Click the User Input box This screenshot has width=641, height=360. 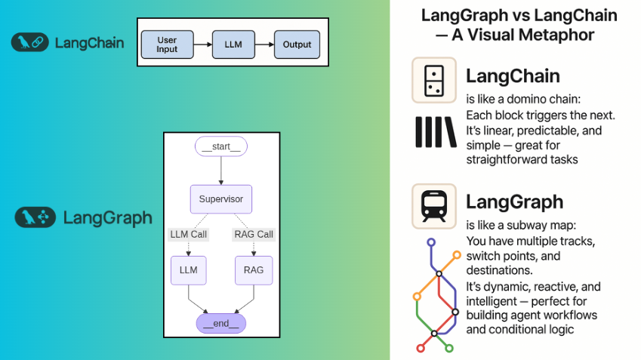tap(167, 45)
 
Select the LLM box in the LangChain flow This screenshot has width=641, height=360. tap(233, 45)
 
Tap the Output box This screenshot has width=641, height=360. tap(297, 45)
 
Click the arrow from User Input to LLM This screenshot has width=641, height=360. tap(202, 45)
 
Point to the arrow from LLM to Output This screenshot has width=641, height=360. tap(265, 45)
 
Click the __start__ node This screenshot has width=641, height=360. tap(220, 146)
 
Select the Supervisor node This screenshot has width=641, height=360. tap(220, 199)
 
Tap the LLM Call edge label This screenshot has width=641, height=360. tap(187, 235)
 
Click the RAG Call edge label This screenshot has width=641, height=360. tap(253, 235)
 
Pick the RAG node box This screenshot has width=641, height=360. tap(253, 270)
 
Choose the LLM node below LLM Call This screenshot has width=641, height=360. tap(188, 270)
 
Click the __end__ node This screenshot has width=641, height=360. tap(220, 324)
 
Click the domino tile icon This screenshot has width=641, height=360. tap(434, 80)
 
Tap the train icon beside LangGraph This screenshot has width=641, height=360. tap(434, 205)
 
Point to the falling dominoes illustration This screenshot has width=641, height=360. tap(436, 132)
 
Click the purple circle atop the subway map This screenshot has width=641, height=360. tap(431, 243)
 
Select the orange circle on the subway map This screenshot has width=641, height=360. tap(457, 255)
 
